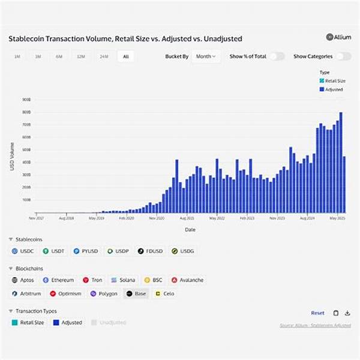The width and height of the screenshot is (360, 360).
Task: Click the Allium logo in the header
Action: pyautogui.click(x=338, y=37)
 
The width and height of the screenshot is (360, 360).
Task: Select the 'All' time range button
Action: pyautogui.click(x=125, y=56)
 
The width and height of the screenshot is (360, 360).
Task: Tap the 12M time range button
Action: pyautogui.click(x=80, y=56)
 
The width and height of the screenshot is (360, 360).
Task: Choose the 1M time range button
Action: pyautogui.click(x=17, y=56)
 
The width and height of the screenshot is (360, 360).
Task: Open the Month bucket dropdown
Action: pyautogui.click(x=206, y=56)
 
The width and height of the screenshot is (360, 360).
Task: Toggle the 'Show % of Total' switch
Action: pyautogui.click(x=277, y=56)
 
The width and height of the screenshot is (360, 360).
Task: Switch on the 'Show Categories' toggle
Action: pyautogui.click(x=343, y=56)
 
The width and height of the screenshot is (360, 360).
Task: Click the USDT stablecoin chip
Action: pyautogui.click(x=54, y=251)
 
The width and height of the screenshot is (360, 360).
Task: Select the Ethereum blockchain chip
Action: pyautogui.click(x=59, y=280)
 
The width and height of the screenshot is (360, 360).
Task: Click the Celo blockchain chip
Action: pyautogui.click(x=166, y=294)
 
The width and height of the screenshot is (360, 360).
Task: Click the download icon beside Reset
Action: pyautogui.click(x=347, y=313)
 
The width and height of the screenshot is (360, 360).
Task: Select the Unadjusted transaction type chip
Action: pyautogui.click(x=109, y=323)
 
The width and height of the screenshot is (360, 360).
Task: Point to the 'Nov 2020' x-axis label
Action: pyautogui.click(x=156, y=220)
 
